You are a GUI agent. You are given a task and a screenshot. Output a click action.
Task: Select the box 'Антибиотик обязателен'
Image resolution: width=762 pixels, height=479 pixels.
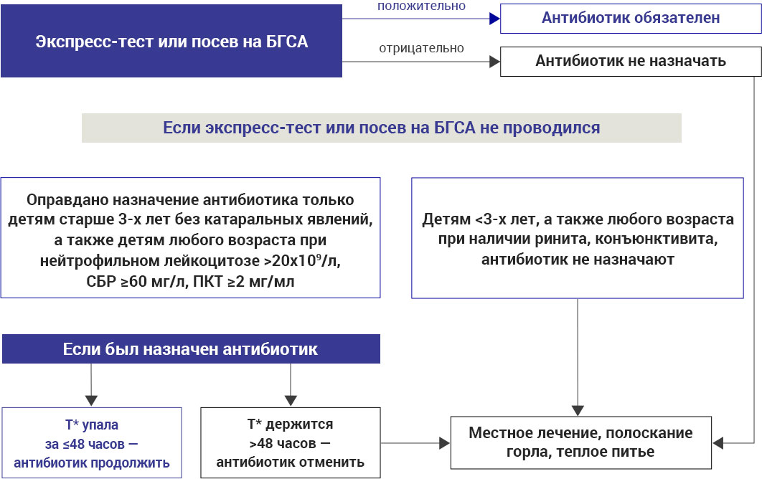(631, 19)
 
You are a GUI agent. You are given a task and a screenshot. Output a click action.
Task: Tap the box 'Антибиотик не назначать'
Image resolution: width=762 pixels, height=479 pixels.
(631, 62)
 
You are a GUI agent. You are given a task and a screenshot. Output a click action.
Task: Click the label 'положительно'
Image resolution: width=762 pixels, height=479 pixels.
(421, 6)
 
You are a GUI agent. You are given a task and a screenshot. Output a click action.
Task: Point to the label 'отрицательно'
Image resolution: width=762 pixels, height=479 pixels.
(421, 49)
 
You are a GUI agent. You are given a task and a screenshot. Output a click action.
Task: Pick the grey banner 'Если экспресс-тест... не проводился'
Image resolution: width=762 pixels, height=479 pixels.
(381, 128)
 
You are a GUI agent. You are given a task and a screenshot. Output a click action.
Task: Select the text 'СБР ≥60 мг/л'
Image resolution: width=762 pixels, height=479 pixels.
(126, 282)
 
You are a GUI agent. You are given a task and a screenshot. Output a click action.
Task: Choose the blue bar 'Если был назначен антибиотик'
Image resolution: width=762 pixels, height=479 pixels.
(190, 349)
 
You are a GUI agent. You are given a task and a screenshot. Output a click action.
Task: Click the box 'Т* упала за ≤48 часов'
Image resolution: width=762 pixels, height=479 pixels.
(91, 442)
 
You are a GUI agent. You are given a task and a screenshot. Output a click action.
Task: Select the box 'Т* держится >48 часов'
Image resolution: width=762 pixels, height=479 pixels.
(290, 442)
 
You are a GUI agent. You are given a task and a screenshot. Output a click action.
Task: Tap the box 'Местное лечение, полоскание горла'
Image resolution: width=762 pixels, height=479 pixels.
(580, 442)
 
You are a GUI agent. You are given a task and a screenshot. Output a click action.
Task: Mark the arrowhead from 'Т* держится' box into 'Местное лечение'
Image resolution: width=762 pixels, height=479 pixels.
(443, 443)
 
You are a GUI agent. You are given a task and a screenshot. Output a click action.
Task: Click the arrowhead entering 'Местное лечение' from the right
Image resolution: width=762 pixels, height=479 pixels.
(718, 443)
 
